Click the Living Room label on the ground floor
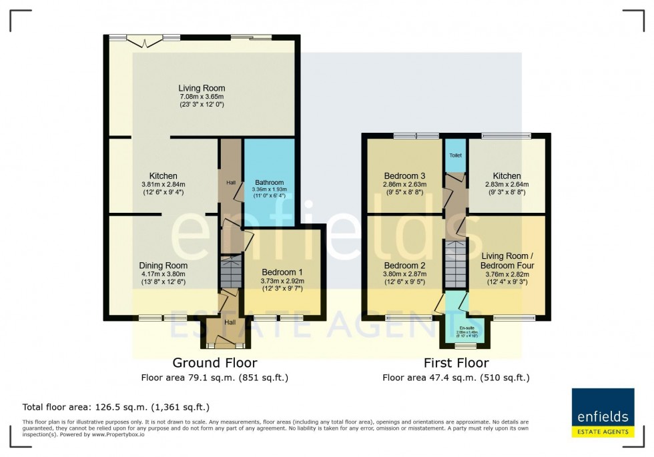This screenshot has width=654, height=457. tap(201, 88)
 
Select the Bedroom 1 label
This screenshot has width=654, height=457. tap(282, 272)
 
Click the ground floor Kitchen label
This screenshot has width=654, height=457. tap(163, 176)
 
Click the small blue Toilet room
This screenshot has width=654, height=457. tap(456, 155)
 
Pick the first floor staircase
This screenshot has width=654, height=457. tap(456, 264)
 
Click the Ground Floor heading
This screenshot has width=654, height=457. tap(214, 363)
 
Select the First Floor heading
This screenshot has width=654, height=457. tap(456, 363)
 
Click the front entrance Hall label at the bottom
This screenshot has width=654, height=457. tap(230, 322)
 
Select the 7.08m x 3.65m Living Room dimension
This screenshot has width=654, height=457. tap(201, 96)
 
